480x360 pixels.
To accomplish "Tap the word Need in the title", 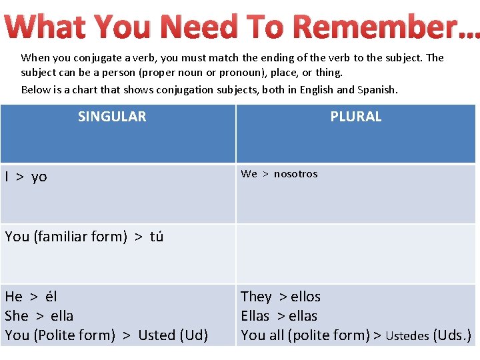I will (x=200, y=27).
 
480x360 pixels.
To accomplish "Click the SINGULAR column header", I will (x=112, y=117).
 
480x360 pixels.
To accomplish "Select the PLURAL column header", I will (x=356, y=117).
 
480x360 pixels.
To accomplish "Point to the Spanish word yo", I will (x=39, y=177).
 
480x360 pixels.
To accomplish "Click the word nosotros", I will (x=295, y=174).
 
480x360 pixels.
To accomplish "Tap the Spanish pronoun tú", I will (x=157, y=237).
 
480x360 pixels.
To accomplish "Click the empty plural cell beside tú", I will (x=355, y=253).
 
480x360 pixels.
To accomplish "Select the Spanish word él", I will (x=51, y=297).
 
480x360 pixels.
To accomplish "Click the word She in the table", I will (x=17, y=316).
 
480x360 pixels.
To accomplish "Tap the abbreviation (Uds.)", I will (x=452, y=335).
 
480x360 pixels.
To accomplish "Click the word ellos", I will (x=305, y=297).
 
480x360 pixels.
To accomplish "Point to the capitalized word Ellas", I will (x=255, y=316).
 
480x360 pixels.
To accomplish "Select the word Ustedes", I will (x=407, y=336).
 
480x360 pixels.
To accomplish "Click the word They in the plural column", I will (x=256, y=297).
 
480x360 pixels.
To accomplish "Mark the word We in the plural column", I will (x=249, y=174).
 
